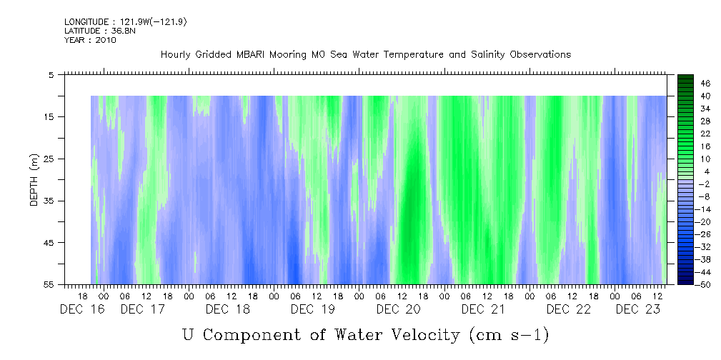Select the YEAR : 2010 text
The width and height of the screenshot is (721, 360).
tap(90, 40)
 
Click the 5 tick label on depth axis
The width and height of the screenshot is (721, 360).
tap(51, 74)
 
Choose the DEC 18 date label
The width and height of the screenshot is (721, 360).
tap(227, 309)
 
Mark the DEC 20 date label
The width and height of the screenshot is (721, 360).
tap(398, 309)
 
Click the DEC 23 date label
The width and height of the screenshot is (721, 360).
tap(637, 309)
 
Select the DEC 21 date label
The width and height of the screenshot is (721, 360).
tap(483, 309)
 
